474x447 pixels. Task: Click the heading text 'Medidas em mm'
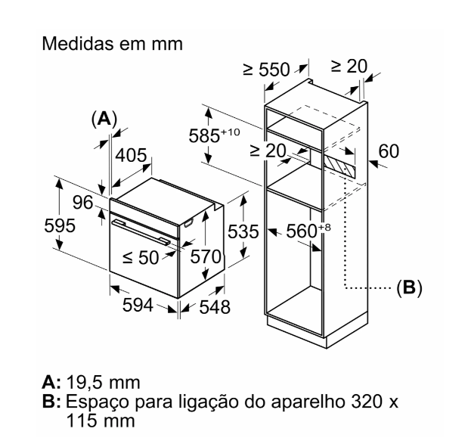click(112, 44)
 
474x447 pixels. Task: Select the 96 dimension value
click(83, 203)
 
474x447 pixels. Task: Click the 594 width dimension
click(139, 305)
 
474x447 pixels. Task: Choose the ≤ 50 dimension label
click(141, 257)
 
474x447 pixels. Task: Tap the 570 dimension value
click(204, 257)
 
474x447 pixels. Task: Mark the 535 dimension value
click(243, 231)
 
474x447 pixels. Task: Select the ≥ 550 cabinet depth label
click(265, 70)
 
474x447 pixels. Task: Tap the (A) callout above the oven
click(103, 119)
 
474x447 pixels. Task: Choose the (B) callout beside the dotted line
click(409, 287)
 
